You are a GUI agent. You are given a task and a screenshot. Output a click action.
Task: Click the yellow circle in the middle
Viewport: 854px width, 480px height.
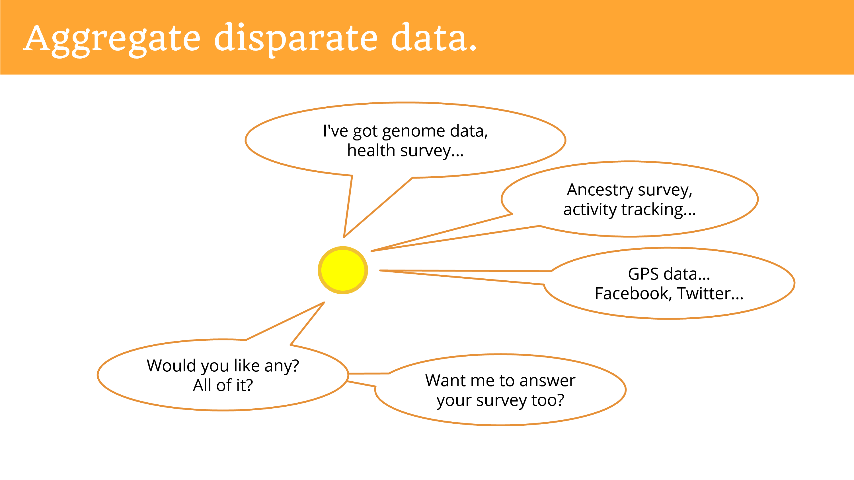[343, 270]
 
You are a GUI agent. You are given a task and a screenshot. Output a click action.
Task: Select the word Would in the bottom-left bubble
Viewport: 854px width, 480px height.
[171, 366]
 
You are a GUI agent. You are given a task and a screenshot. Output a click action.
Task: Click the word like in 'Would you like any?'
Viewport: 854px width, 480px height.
[247, 366]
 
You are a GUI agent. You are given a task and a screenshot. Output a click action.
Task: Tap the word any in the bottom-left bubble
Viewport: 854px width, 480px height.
[282, 366]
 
